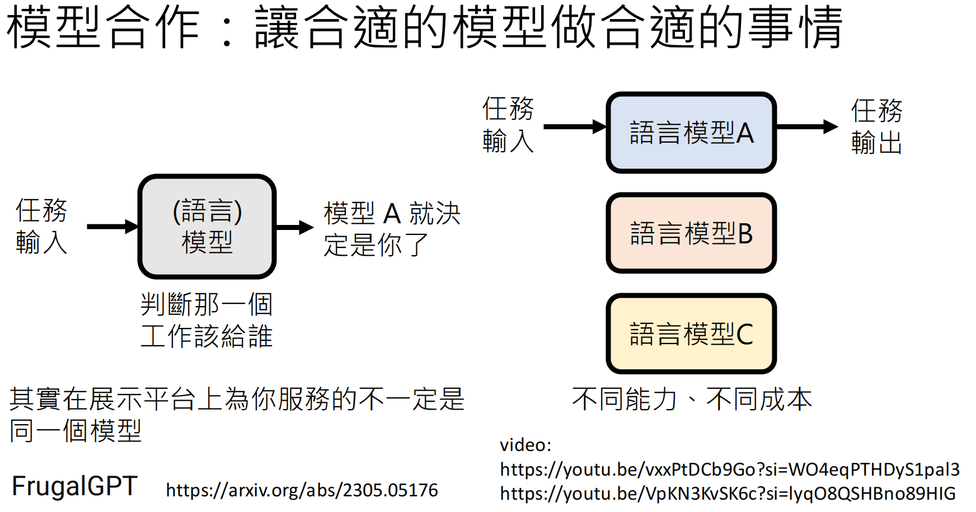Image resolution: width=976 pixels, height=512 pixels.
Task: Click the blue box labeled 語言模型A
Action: [691, 133]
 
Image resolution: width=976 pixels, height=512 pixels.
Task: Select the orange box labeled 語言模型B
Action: [691, 233]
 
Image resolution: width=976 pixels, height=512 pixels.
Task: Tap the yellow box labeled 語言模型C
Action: [691, 333]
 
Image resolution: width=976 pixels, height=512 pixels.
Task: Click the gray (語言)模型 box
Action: [207, 227]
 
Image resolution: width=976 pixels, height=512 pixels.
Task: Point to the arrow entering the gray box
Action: [112, 227]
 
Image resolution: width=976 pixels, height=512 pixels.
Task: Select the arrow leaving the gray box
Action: [295, 227]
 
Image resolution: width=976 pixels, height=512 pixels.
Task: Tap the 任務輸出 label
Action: [876, 126]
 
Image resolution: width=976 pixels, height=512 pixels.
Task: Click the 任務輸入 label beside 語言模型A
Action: [508, 124]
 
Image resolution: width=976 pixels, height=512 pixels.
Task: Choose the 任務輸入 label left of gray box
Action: [41, 226]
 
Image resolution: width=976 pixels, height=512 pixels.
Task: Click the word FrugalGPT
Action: [74, 486]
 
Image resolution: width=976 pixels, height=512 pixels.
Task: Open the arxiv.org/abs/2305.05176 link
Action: [302, 490]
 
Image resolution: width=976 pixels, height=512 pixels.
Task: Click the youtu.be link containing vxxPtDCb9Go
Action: [729, 469]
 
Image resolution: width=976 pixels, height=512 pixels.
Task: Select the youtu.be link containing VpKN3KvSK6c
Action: [728, 493]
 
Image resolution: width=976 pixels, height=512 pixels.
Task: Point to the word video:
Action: [525, 445]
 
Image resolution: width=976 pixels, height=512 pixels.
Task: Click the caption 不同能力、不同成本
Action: [692, 399]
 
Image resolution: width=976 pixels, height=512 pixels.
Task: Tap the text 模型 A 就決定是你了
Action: [392, 229]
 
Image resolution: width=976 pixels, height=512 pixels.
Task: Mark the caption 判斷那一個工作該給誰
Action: [207, 320]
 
